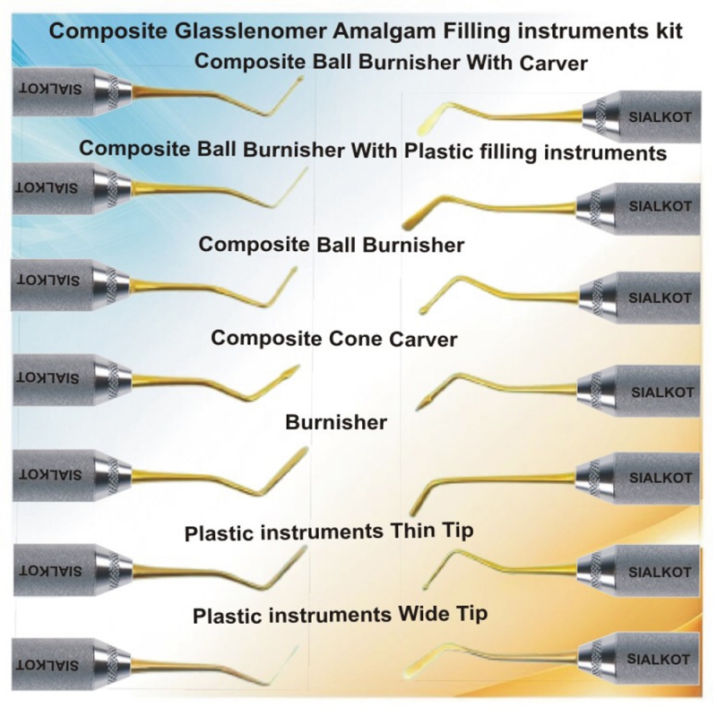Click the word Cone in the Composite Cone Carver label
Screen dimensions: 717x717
pyautogui.click(x=350, y=339)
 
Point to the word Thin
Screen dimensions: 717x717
pyautogui.click(x=410, y=531)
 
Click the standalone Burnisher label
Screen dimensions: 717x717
pyautogui.click(x=336, y=422)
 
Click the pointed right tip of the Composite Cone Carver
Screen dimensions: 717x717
pyautogui.click(x=298, y=367)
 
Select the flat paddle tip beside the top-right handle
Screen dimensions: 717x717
pyautogui.click(x=428, y=120)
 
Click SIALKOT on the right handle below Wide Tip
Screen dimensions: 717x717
pyautogui.click(x=659, y=660)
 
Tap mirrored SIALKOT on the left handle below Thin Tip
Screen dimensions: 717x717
pyautogui.click(x=50, y=571)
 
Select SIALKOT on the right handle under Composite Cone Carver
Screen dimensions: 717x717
pyautogui.click(x=662, y=393)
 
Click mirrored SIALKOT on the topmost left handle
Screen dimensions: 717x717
pyautogui.click(x=50, y=88)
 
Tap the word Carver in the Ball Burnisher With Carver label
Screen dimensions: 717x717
pyautogui.click(x=553, y=63)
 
